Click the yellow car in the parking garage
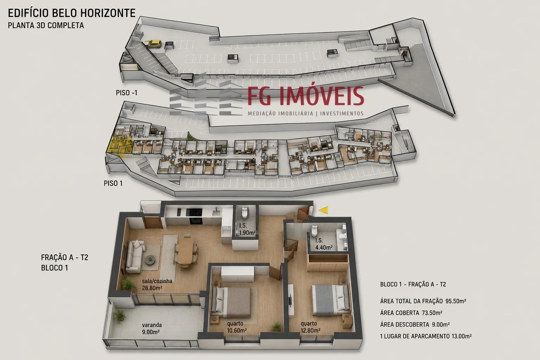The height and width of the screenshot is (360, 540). [x=154, y=44]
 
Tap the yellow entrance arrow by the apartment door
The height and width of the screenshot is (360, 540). [x=323, y=210]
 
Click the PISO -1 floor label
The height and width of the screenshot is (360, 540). [x=127, y=93]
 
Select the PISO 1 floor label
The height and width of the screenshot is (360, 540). [x=113, y=183]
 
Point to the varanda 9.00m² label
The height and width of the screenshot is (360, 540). [x=152, y=328]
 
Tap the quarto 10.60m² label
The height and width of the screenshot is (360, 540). [x=237, y=327]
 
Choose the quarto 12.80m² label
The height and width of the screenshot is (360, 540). [x=310, y=327]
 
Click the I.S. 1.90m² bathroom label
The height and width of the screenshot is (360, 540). [x=247, y=229]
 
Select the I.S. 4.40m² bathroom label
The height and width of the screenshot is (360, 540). [x=324, y=244]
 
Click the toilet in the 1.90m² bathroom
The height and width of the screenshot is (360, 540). [x=245, y=212]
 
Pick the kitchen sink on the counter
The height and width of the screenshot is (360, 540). [x=216, y=213]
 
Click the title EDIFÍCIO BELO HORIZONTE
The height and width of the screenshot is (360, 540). [x=72, y=13]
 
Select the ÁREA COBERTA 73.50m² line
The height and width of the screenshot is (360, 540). [x=411, y=313]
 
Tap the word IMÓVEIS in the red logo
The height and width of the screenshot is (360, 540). [x=322, y=96]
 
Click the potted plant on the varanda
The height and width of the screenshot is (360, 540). [x=119, y=316]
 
